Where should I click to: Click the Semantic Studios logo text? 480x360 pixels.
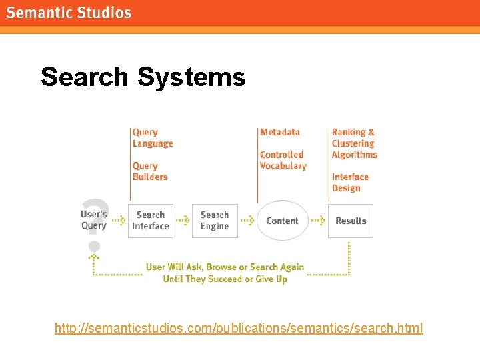pyautogui.click(x=69, y=13)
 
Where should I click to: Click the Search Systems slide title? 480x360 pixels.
pyautogui.click(x=143, y=77)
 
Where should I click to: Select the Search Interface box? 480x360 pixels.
pyautogui.click(x=150, y=221)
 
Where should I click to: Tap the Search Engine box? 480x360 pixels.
pyautogui.click(x=215, y=221)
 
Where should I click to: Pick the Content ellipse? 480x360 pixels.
pyautogui.click(x=282, y=221)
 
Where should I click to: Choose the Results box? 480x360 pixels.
pyautogui.click(x=351, y=221)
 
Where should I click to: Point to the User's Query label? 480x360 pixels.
pyautogui.click(x=94, y=220)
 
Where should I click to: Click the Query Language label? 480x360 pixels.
pyautogui.click(x=153, y=138)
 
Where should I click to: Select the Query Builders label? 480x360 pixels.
pyautogui.click(x=150, y=171)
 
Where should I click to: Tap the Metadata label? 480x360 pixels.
pyautogui.click(x=280, y=133)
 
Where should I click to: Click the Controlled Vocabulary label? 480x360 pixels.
pyautogui.click(x=283, y=160)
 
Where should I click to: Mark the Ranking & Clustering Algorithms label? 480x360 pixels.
pyautogui.click(x=354, y=143)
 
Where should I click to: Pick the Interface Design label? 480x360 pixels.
pyautogui.click(x=350, y=182)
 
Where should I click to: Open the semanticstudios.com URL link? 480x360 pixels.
pyautogui.click(x=239, y=328)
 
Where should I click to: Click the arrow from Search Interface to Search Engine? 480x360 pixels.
pyautogui.click(x=183, y=221)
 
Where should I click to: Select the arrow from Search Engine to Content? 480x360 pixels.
pyautogui.click(x=247, y=221)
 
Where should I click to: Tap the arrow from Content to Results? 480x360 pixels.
pyautogui.click(x=318, y=221)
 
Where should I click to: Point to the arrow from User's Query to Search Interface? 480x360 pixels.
pyautogui.click(x=118, y=221)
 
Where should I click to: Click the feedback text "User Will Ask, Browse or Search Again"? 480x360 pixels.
pyautogui.click(x=225, y=267)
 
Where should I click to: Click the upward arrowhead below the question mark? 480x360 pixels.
pyautogui.click(x=93, y=255)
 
